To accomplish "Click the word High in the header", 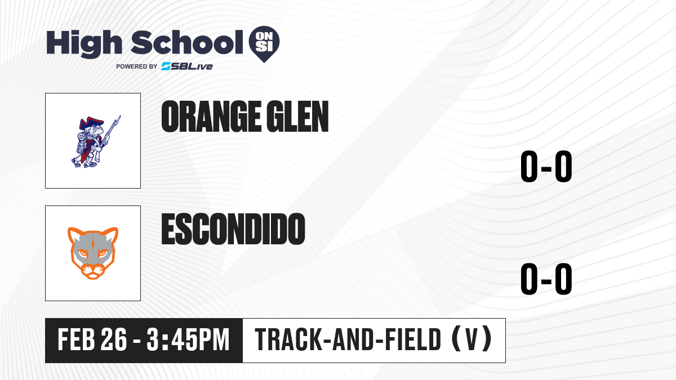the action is pyautogui.click(x=84, y=44).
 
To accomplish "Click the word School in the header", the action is pyautogui.click(x=187, y=42).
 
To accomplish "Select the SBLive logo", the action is pyautogui.click(x=186, y=66).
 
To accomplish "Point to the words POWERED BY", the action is pyautogui.click(x=137, y=66).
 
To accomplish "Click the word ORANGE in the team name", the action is pyautogui.click(x=211, y=117).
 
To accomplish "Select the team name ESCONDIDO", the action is pyautogui.click(x=233, y=229).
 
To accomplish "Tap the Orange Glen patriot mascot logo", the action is pyautogui.click(x=96, y=141).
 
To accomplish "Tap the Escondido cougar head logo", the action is pyautogui.click(x=93, y=253).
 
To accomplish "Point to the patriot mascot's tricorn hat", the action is pyautogui.click(x=90, y=124).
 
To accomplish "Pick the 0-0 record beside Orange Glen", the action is pyautogui.click(x=546, y=166).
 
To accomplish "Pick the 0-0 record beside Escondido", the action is pyautogui.click(x=546, y=279).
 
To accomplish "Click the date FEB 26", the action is pyautogui.click(x=92, y=340).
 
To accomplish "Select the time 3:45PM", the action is pyautogui.click(x=188, y=340).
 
